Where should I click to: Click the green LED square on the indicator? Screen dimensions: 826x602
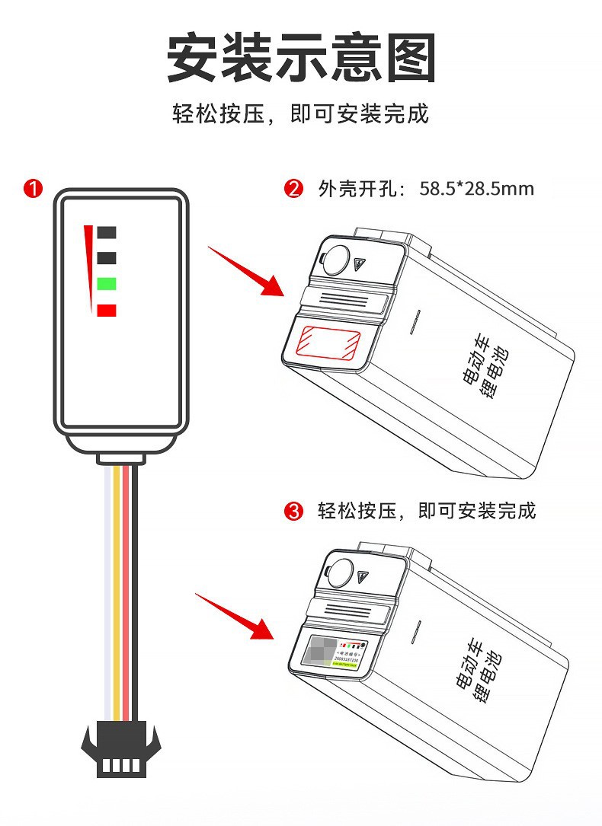click(x=107, y=284)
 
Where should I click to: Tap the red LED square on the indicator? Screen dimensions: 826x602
click(x=107, y=310)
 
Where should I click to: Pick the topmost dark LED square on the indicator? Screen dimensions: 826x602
click(x=107, y=232)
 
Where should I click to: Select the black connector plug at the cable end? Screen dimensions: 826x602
click(x=121, y=750)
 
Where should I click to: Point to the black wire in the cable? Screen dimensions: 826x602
click(x=134, y=594)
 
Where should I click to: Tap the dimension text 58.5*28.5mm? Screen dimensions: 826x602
click(x=476, y=189)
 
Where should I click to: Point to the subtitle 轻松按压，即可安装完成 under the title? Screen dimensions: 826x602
click(x=301, y=114)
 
